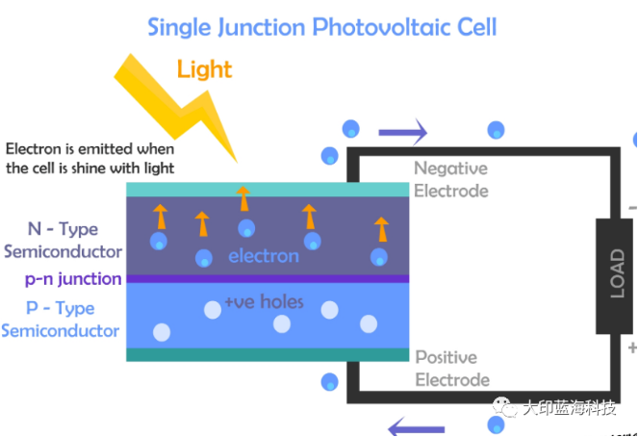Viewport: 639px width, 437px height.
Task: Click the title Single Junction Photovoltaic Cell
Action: pyautogui.click(x=321, y=26)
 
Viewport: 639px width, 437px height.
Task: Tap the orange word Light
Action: pyautogui.click(x=204, y=69)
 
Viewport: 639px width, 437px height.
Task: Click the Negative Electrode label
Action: pyautogui.click(x=450, y=179)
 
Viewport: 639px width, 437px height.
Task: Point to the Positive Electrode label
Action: pyautogui.click(x=451, y=368)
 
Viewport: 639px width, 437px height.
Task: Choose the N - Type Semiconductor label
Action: pyautogui.click(x=64, y=240)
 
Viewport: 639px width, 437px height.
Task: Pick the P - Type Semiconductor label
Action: pyautogui.click(x=61, y=319)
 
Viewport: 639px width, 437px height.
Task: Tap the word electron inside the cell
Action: pyautogui.click(x=263, y=256)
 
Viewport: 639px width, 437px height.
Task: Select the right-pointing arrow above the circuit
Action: pyautogui.click(x=402, y=130)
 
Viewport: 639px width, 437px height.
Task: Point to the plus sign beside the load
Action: pyautogui.click(x=631, y=347)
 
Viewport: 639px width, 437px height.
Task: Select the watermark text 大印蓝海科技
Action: pyautogui.click(x=568, y=408)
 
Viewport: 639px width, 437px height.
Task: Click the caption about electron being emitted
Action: pyautogui.click(x=89, y=159)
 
